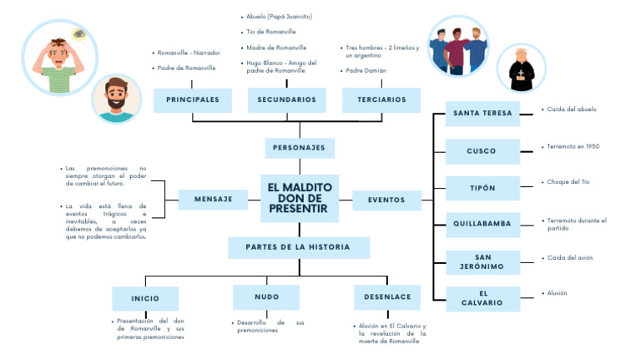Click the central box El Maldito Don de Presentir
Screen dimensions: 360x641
click(299, 199)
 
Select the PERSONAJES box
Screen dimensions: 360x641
click(299, 149)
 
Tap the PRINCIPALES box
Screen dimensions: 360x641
click(193, 100)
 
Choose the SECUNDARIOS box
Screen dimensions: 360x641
click(287, 100)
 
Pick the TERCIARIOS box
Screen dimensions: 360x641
click(381, 100)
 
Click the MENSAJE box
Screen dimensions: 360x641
click(213, 200)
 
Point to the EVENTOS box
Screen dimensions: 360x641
click(386, 200)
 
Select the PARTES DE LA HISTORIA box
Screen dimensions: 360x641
click(299, 247)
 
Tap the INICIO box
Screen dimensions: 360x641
click(145, 298)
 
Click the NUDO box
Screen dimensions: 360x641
click(266, 297)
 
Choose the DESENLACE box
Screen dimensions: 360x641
click(387, 297)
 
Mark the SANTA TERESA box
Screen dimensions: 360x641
click(482, 113)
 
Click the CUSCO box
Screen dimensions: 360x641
click(482, 151)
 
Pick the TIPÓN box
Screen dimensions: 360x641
click(482, 188)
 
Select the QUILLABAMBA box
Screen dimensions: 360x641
click(482, 224)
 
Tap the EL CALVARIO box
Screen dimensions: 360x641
click(482, 298)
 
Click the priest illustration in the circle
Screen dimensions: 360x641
click(521, 69)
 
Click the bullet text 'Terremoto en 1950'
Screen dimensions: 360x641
click(573, 146)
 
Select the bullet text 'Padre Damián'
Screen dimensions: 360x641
click(366, 71)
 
